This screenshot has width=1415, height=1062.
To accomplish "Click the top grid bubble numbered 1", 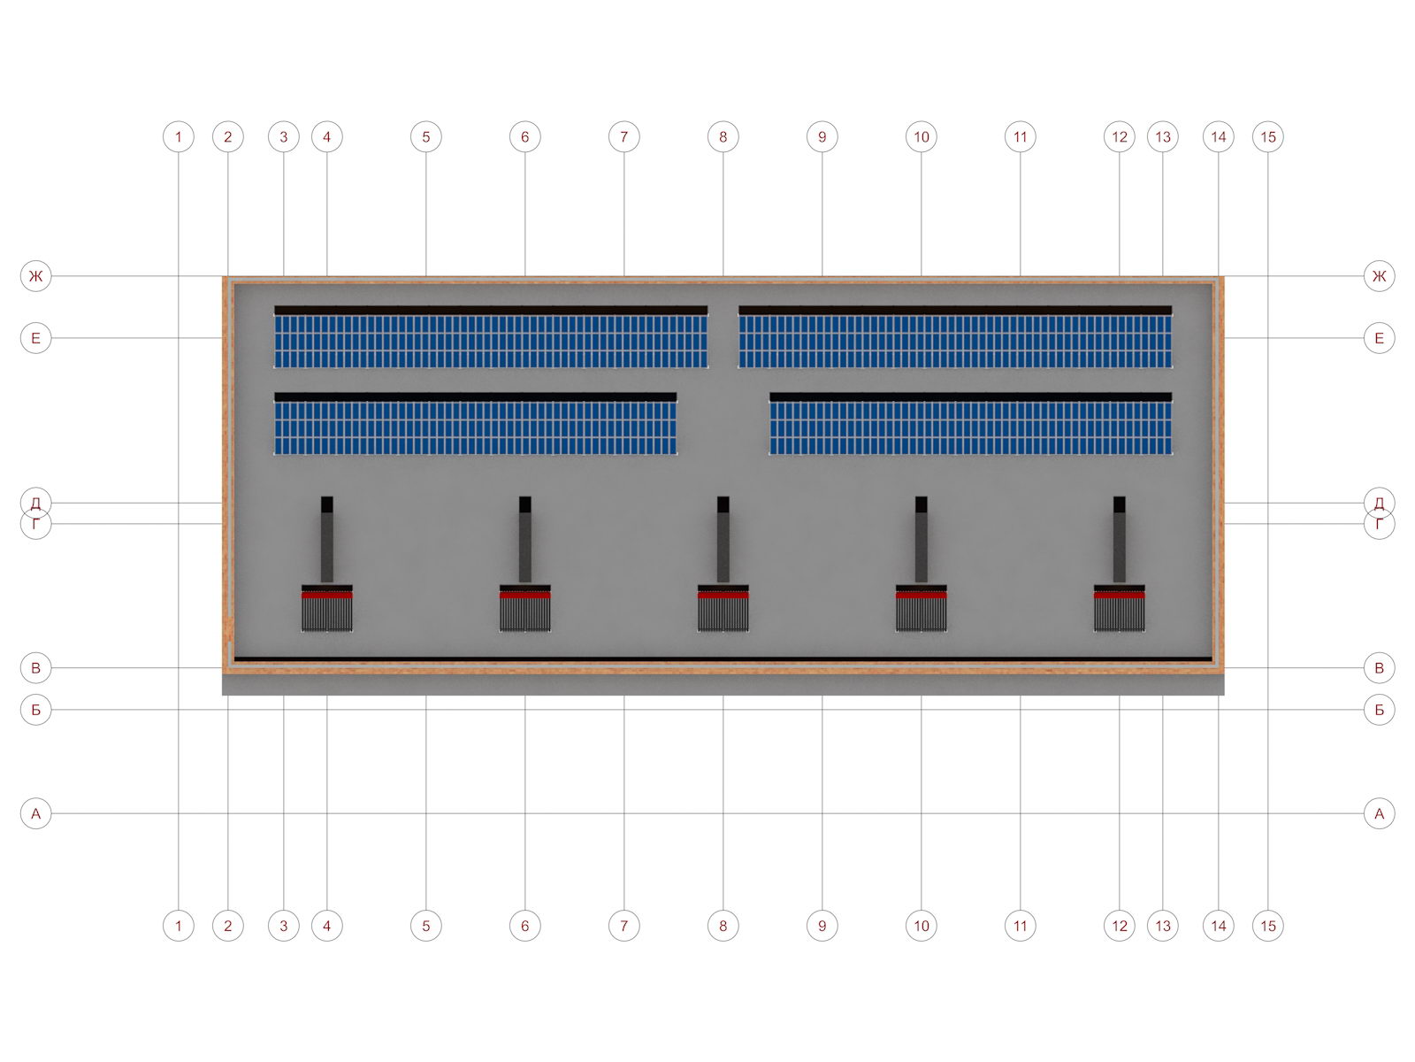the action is (x=179, y=137).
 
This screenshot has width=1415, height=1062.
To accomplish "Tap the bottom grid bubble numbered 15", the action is (x=1268, y=926).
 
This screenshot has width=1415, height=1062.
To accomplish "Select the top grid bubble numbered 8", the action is (x=723, y=137).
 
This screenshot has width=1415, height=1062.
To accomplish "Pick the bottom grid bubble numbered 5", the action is (x=426, y=926).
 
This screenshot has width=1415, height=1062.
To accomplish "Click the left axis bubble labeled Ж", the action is (x=36, y=276).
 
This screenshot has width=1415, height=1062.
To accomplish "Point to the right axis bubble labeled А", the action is (x=1379, y=813).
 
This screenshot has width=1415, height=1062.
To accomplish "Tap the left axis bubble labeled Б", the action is (x=36, y=709).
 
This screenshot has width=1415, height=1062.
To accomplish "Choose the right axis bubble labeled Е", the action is (x=1379, y=337).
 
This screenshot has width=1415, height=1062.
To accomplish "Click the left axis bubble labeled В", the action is (x=36, y=668).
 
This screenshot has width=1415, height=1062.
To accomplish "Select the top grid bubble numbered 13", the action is (x=1163, y=137).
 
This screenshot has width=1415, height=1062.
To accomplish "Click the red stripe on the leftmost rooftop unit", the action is (x=327, y=595).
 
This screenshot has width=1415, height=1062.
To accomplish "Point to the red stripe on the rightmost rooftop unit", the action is (x=1120, y=595).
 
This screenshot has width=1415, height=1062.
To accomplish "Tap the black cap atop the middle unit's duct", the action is (x=723, y=504).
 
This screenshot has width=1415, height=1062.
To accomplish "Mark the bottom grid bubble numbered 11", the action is (x=1021, y=926).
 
